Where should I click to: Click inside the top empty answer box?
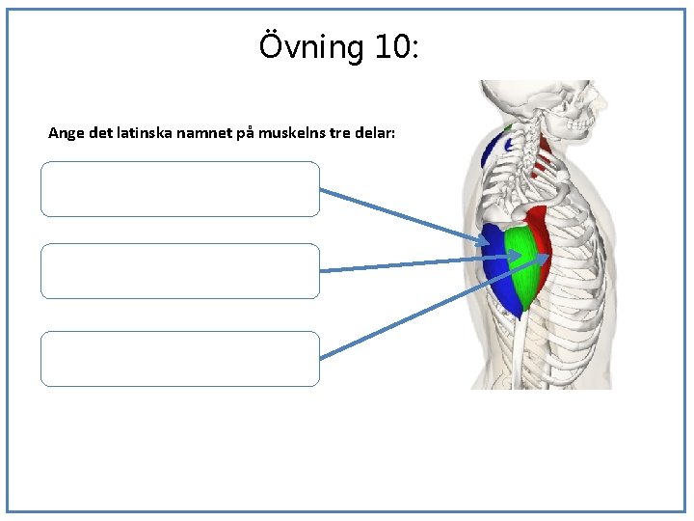point(179,189)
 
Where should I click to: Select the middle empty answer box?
point(179,271)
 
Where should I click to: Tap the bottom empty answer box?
point(179,359)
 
